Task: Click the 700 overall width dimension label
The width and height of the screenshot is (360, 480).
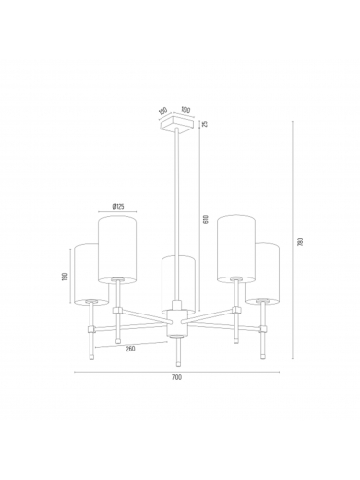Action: coord(177,377)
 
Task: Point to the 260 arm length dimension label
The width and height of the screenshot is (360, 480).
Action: coord(129,349)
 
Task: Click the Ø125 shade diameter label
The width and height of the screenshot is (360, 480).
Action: coord(118,206)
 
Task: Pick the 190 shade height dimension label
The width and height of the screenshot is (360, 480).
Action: coord(65,277)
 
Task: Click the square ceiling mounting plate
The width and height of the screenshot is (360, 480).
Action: coord(177,124)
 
